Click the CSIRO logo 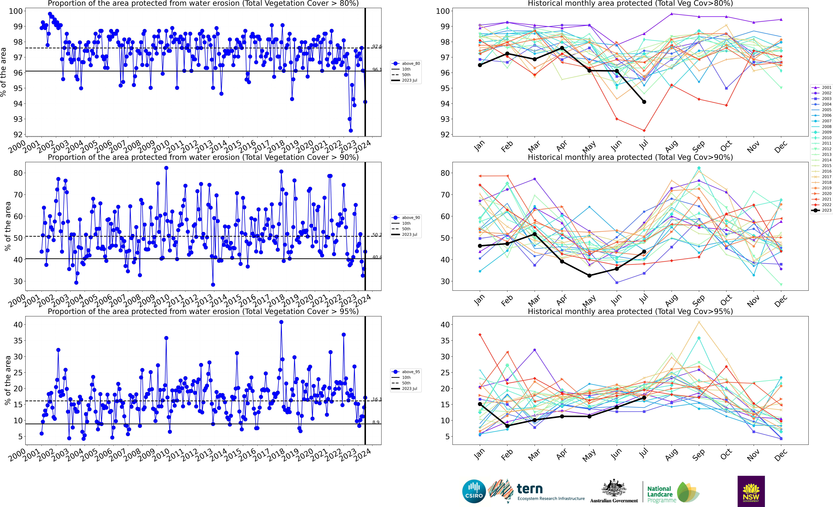(x=474, y=491)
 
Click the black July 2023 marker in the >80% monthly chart (x=644, y=102)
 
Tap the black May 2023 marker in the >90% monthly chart (x=589, y=275)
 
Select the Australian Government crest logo (x=614, y=488)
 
